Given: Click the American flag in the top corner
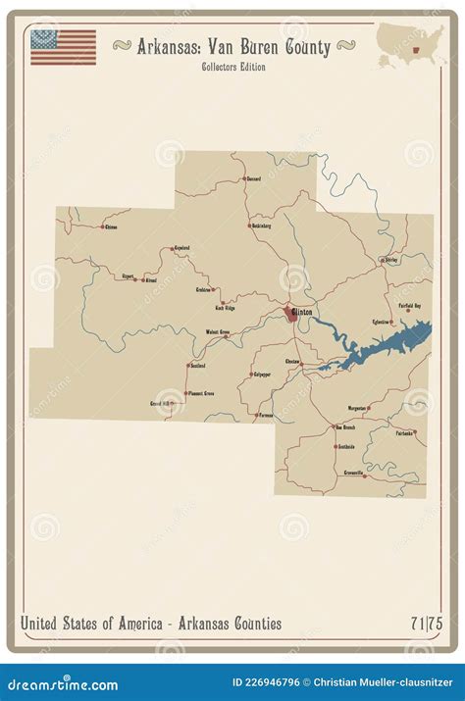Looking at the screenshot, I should tap(63, 47).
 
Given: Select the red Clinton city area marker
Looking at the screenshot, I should tap(290, 313).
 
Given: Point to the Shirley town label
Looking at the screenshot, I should tap(391, 260).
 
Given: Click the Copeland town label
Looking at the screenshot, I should tap(181, 247).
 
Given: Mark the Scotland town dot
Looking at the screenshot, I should tap(188, 366).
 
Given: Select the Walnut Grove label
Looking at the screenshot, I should tap(217, 332).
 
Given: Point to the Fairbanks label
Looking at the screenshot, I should tap(403, 432).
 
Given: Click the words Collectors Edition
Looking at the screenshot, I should tap(232, 66).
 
